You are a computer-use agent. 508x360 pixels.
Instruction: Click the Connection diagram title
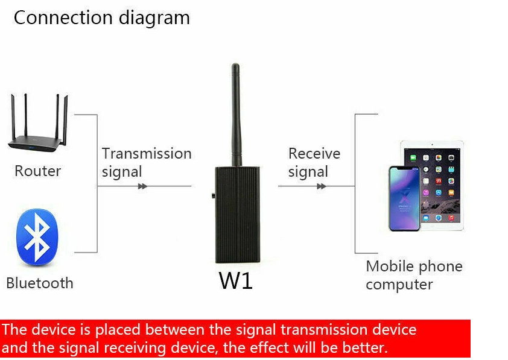pos(102,18)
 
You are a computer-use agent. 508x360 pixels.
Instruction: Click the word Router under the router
pos(37,171)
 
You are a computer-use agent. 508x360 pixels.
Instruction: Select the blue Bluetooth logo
pos(37,238)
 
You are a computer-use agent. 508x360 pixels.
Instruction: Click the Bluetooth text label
pos(40,283)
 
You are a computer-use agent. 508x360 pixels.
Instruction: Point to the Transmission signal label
pos(147,162)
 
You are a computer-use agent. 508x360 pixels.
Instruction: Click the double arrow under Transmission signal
pos(142,186)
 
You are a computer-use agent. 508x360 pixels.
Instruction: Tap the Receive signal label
pos(314,162)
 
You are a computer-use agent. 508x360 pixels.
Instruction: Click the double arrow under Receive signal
pos(322,186)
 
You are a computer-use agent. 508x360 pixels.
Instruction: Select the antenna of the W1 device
pos(236,115)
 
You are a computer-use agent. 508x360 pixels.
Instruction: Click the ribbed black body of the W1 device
pos(238,215)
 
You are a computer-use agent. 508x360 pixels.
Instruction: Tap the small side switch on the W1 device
pos(213,195)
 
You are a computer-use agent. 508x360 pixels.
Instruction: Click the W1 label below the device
pos(235,280)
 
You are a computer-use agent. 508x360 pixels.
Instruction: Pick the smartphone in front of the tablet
pos(404,198)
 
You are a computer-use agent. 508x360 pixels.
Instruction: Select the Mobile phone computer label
pos(414,275)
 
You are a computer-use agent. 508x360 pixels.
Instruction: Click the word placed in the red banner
pos(118,330)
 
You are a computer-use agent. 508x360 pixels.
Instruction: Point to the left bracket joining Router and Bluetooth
pos(97,183)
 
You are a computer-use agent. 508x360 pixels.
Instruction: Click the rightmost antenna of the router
pos(65,120)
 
